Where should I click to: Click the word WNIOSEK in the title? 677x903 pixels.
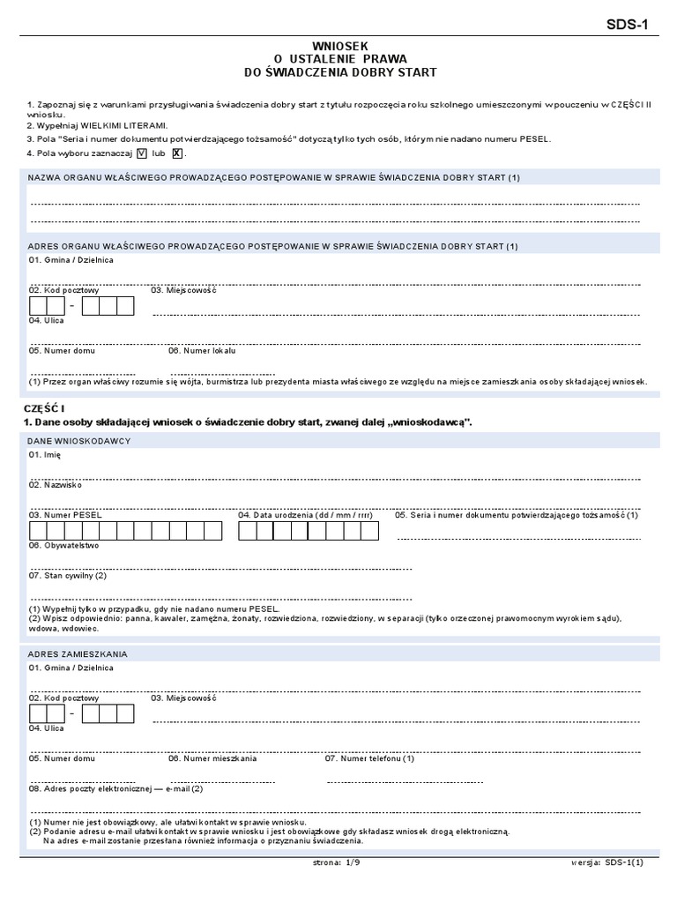(338, 44)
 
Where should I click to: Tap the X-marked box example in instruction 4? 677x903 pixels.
(177, 153)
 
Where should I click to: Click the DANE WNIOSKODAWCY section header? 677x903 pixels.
(79, 440)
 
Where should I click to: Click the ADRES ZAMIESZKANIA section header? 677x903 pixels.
(78, 653)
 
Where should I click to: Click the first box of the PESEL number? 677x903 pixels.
(37, 531)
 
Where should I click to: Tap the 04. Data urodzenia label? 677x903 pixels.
(305, 515)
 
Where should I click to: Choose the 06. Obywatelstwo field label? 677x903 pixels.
(63, 545)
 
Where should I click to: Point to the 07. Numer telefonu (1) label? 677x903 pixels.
(369, 758)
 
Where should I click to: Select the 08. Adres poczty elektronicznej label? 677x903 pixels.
(115, 788)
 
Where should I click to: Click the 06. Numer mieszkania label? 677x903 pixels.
(212, 758)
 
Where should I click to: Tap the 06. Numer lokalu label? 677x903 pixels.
(202, 350)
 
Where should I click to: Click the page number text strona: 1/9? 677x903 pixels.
(338, 863)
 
